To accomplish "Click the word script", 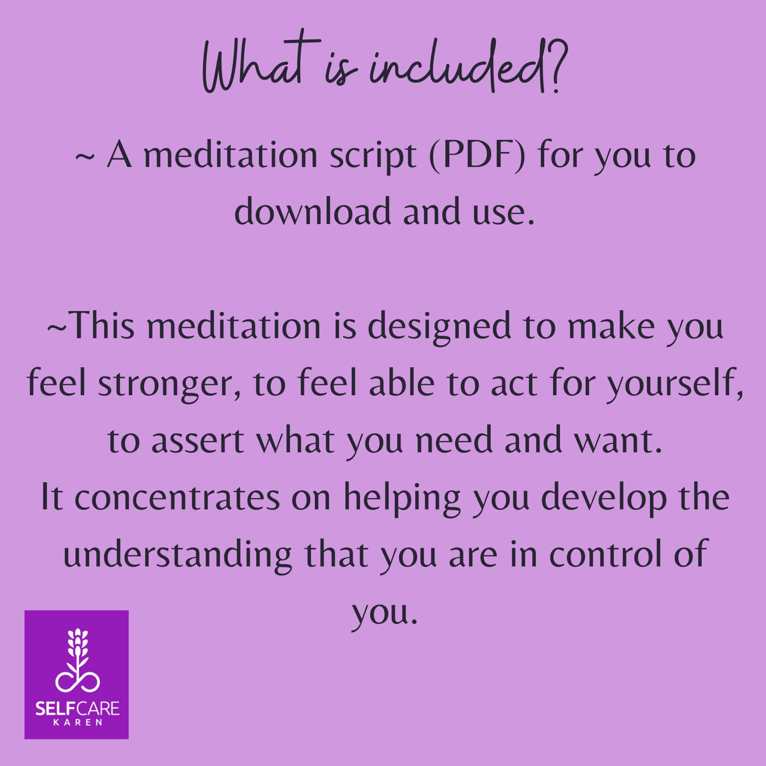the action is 372,156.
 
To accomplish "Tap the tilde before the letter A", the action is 85,157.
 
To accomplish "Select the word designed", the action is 439,327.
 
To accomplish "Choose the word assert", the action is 198,441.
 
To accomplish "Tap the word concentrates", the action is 177,498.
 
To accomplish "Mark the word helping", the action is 402,498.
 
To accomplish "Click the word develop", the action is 604,498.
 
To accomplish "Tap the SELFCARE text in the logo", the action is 77,708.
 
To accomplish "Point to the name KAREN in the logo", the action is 78,722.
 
